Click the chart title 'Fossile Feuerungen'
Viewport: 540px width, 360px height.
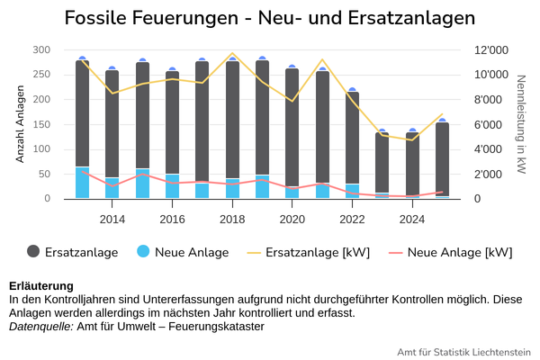(x=151, y=18)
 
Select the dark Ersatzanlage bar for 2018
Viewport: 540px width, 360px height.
(x=232, y=120)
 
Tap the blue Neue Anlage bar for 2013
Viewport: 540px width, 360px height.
(x=82, y=183)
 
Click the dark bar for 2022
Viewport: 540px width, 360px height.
(x=352, y=138)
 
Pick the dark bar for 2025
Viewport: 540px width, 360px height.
(x=442, y=159)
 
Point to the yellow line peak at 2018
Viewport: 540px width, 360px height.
(x=232, y=53)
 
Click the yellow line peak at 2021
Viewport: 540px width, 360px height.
(x=323, y=59)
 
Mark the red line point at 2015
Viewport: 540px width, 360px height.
(x=142, y=175)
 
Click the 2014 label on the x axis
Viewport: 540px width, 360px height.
(x=112, y=219)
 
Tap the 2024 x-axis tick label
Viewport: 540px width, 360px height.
(x=412, y=219)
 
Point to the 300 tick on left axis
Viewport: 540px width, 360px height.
(x=41, y=49)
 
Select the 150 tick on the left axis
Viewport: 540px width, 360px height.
(x=41, y=124)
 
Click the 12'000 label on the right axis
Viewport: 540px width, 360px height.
(x=491, y=50)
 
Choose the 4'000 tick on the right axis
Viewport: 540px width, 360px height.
(x=488, y=149)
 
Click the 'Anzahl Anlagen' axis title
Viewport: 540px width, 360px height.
(x=21, y=124)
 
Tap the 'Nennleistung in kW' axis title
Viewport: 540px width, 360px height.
(x=521, y=124)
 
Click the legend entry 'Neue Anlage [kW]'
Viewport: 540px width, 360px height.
(x=451, y=253)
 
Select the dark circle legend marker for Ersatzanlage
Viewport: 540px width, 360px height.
(x=33, y=251)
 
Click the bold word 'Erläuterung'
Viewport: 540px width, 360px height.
(x=41, y=286)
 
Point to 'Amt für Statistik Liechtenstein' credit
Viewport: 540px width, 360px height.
(x=463, y=352)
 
